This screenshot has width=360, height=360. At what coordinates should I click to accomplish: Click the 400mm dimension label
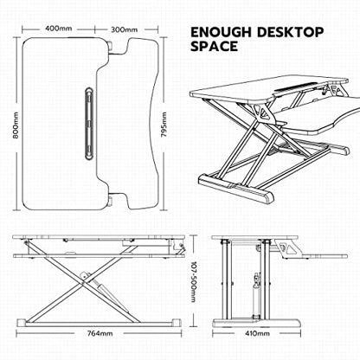point(59,29)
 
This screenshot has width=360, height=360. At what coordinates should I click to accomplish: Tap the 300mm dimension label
point(125,29)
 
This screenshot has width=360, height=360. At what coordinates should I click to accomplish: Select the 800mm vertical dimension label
point(16,125)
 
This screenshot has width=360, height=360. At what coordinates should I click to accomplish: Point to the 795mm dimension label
point(164,125)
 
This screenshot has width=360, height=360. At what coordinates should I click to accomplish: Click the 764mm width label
point(100,333)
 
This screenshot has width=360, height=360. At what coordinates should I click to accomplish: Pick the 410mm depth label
point(258,333)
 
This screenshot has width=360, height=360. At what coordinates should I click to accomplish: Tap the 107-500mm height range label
point(193,281)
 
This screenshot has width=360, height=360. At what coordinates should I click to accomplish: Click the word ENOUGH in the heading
point(222,32)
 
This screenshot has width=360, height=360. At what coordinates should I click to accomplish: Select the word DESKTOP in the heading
point(290,32)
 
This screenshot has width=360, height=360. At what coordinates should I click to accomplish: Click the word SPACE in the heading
point(215,46)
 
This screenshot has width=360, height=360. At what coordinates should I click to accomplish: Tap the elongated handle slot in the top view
point(89,123)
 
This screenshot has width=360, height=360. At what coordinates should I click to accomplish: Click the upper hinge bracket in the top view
point(111,46)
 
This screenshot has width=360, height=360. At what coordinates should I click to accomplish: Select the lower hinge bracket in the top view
point(111,201)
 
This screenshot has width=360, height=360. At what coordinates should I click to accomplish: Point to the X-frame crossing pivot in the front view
point(84,283)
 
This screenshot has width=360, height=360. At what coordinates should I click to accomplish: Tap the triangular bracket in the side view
point(286,248)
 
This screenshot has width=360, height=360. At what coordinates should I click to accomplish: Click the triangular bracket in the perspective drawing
point(262,112)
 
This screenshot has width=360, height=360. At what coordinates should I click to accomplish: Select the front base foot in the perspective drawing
point(236,189)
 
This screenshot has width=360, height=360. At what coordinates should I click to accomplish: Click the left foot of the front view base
point(22,323)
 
